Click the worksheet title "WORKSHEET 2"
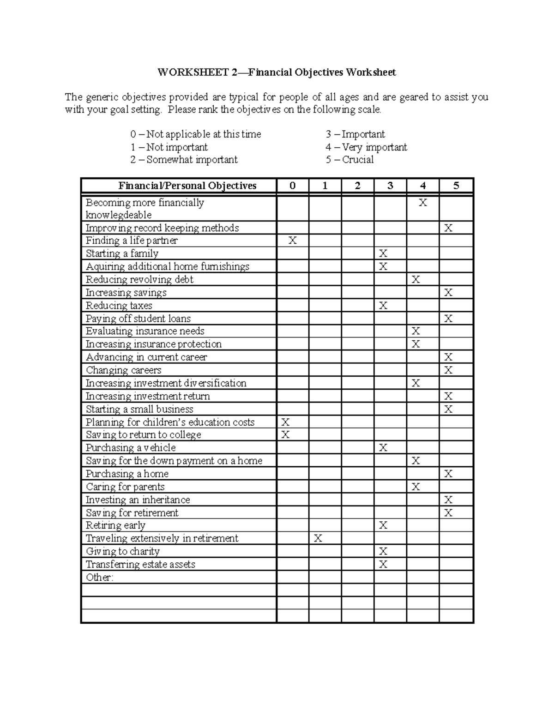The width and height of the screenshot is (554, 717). pyautogui.click(x=193, y=72)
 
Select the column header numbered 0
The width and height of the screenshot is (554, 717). pyautogui.click(x=293, y=186)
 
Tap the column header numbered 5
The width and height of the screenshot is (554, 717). pyautogui.click(x=456, y=186)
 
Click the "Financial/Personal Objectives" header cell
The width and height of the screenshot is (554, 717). pyautogui.click(x=187, y=186)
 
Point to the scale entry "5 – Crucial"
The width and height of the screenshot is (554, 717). pyautogui.click(x=349, y=160)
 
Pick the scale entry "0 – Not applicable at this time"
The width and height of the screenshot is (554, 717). pyautogui.click(x=195, y=134)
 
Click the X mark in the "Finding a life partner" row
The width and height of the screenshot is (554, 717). pyautogui.click(x=293, y=241)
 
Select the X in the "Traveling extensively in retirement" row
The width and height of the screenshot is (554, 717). pyautogui.click(x=318, y=538)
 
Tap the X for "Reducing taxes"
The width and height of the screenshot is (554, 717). pyautogui.click(x=383, y=306)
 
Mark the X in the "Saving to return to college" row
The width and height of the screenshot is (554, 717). pyautogui.click(x=285, y=435)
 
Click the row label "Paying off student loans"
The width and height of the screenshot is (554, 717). pyautogui.click(x=138, y=319)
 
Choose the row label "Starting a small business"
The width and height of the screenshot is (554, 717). pyautogui.click(x=139, y=409)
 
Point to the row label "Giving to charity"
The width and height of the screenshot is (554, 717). pyautogui.click(x=123, y=551)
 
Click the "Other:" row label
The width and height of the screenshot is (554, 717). pyautogui.click(x=99, y=577)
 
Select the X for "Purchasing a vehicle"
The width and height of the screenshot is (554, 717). pyautogui.click(x=383, y=448)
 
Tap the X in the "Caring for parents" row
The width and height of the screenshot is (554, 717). pyautogui.click(x=415, y=487)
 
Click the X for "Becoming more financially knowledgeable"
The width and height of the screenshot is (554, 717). pyautogui.click(x=422, y=203)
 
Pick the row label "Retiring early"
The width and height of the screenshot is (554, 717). pyautogui.click(x=115, y=525)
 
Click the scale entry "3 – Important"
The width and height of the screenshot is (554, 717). pyautogui.click(x=355, y=134)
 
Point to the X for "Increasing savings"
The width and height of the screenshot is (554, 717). pyautogui.click(x=448, y=293)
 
